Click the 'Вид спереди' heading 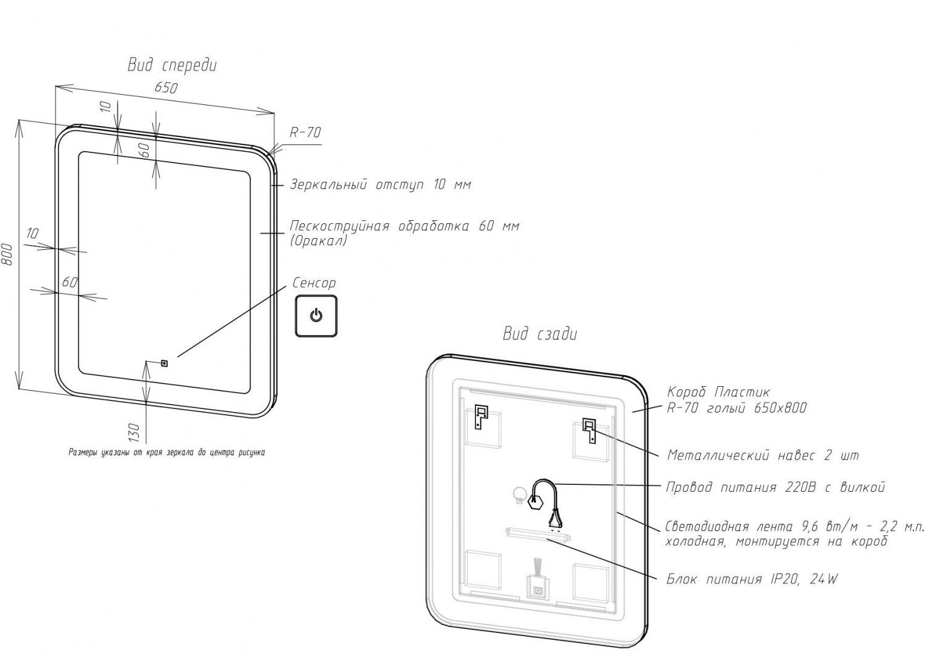tap(172, 65)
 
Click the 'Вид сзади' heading tap(540, 334)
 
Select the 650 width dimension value tap(166, 88)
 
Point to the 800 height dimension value tap(8, 255)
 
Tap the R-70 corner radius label tap(305, 133)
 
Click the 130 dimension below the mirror tap(135, 432)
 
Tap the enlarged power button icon tap(316, 316)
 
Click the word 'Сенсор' tap(314, 283)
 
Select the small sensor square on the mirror tap(165, 363)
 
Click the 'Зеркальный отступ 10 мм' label tap(380, 184)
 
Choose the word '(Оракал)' tap(318, 241)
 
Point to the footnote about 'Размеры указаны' tap(166, 452)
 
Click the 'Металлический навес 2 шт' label tap(763, 456)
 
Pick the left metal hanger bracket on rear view tap(479, 416)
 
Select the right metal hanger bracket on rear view tap(589, 430)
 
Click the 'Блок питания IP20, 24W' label tap(752, 579)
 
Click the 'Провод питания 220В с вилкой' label tap(776, 487)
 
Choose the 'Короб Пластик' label tap(718, 392)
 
